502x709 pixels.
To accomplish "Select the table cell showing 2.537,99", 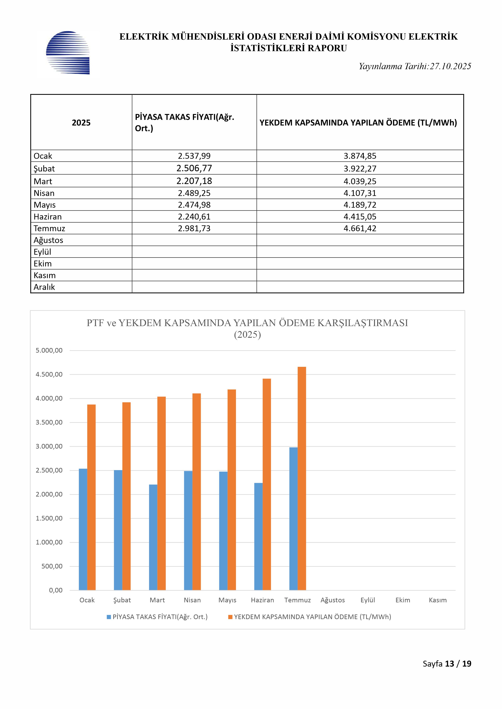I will click(x=194, y=156).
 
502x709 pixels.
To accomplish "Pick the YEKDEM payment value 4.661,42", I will click(x=360, y=229).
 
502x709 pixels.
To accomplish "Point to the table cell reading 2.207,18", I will click(x=194, y=181).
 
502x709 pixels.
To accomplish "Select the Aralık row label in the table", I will click(x=44, y=287).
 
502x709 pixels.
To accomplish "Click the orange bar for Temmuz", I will click(x=302, y=479).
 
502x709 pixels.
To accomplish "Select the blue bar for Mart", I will click(x=153, y=537).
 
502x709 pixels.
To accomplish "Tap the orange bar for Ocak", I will click(x=91, y=497).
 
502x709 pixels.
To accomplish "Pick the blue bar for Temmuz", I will click(x=293, y=519).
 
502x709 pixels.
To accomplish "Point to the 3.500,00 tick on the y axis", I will click(x=49, y=422).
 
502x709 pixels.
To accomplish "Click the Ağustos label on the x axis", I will click(x=333, y=600).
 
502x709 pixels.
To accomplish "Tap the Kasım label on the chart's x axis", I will click(x=438, y=600).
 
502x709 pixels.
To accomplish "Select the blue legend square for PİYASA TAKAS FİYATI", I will click(x=109, y=617).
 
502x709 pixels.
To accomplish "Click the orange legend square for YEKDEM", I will click(x=230, y=617).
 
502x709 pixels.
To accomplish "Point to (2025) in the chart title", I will click(x=247, y=335).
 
